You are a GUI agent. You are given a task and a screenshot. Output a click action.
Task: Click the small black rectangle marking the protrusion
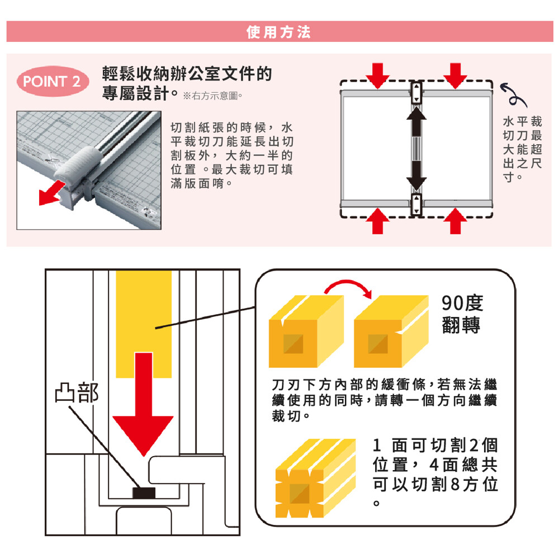coord(144,492)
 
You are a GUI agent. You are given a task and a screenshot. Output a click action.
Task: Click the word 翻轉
coord(462,325)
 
